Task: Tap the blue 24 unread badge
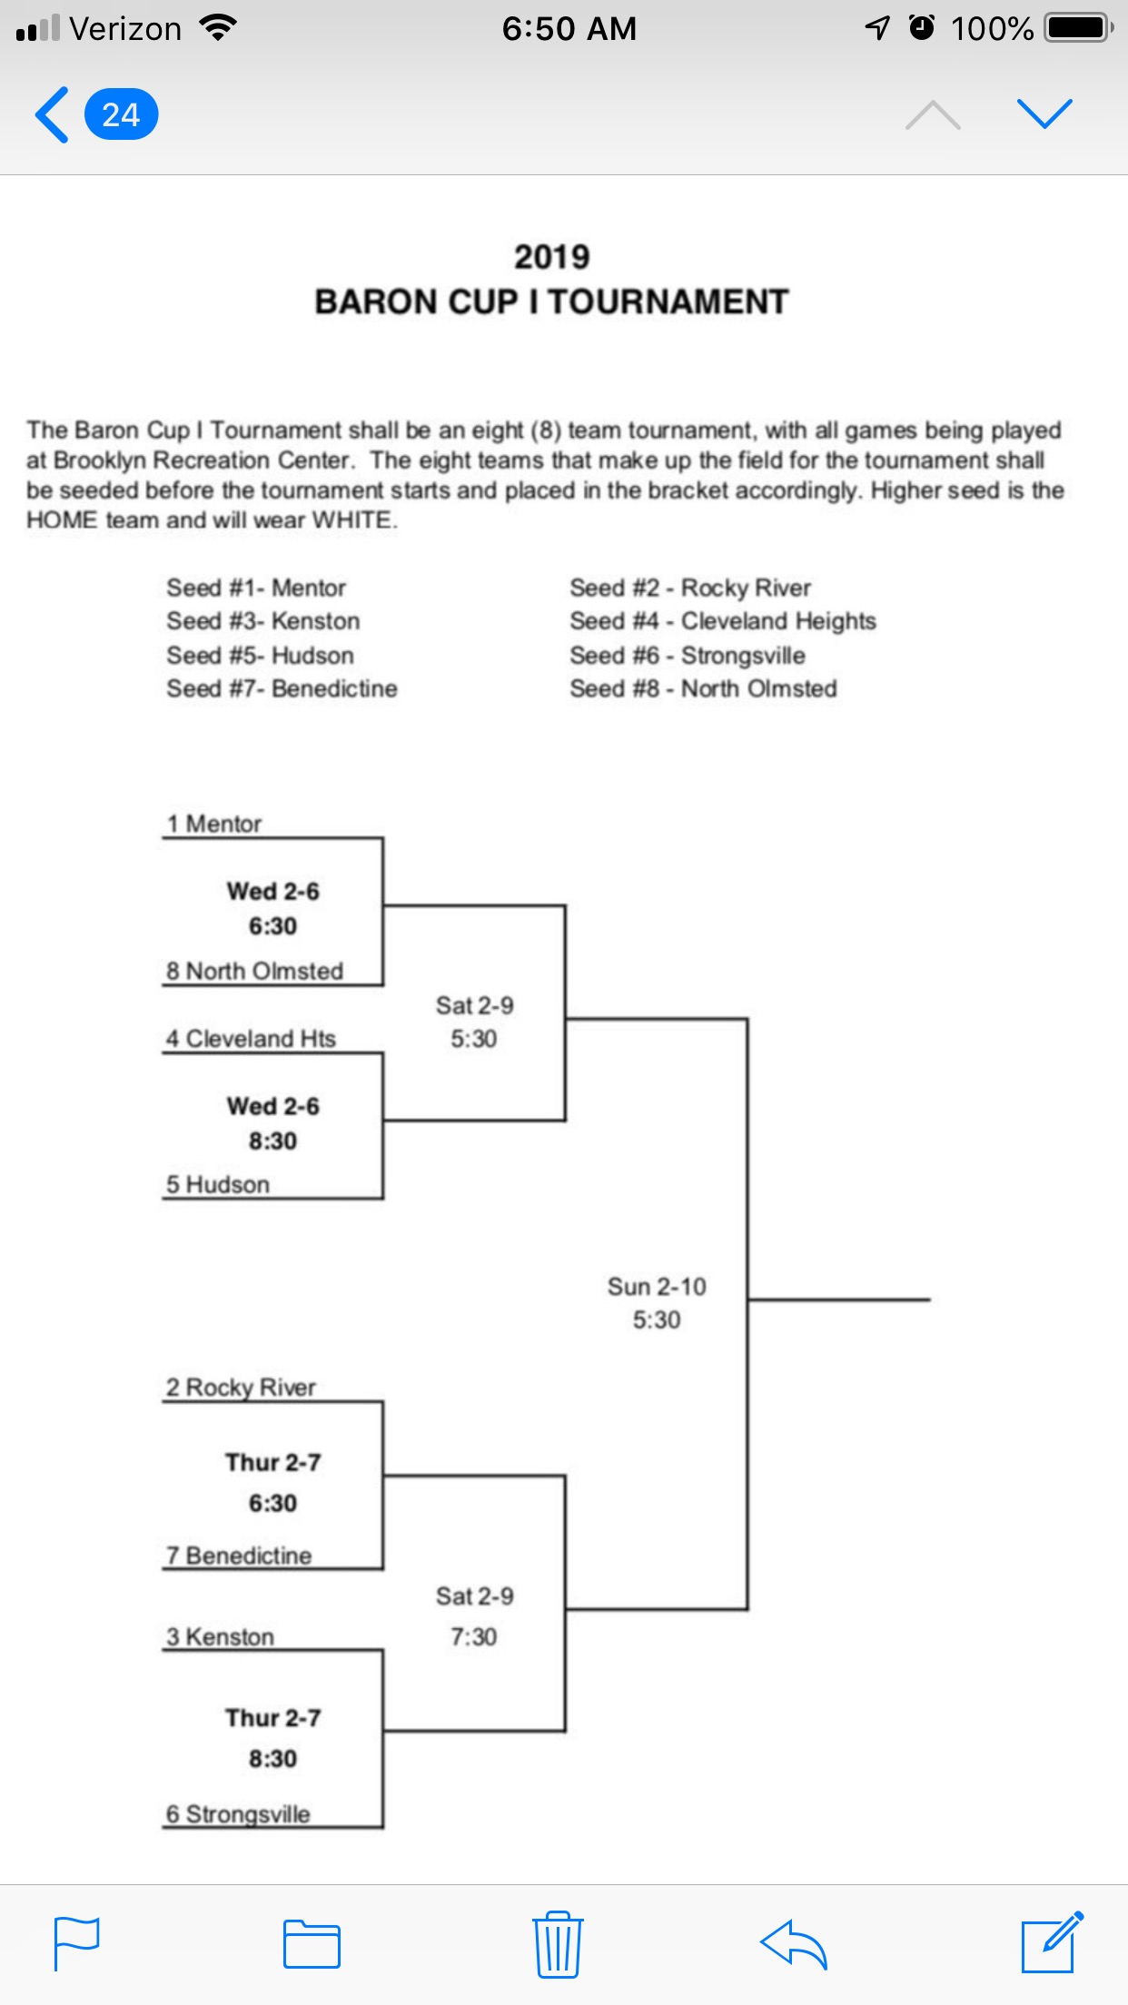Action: (121, 115)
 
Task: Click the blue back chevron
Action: (52, 115)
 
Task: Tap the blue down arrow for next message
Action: (1044, 114)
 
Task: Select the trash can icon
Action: (557, 1944)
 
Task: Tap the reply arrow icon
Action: (793, 1944)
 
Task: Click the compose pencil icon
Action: (1052, 1943)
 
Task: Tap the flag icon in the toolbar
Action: (76, 1943)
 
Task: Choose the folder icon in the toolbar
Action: (312, 1944)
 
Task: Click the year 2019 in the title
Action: (551, 257)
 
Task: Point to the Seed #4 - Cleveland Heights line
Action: (722, 621)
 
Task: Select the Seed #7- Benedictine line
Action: (282, 688)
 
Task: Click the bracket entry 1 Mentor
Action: (214, 824)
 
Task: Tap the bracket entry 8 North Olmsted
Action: (254, 971)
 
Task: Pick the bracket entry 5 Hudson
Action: (218, 1184)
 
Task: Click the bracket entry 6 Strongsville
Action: (238, 1813)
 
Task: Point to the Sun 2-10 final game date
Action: (656, 1287)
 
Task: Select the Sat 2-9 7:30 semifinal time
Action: (473, 1636)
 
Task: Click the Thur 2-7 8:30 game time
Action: (272, 1758)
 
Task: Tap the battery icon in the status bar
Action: (1079, 28)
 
